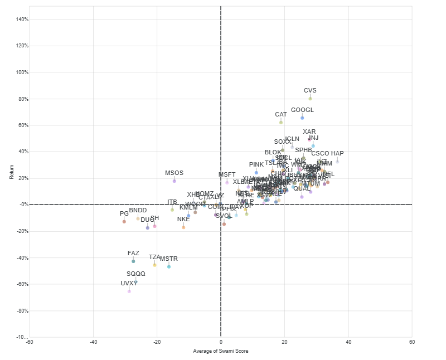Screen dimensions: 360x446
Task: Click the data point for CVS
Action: tap(310, 99)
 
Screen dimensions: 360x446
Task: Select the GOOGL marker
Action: tap(302, 118)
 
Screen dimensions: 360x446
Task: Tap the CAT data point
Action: tap(281, 123)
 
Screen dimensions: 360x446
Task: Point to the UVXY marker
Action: tap(129, 291)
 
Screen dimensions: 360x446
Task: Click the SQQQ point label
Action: tap(135, 274)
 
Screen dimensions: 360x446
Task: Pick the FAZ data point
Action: tap(133, 261)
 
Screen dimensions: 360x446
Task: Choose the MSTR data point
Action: tap(169, 267)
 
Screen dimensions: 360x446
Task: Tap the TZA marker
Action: tap(154, 265)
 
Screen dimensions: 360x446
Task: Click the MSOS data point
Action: tap(174, 181)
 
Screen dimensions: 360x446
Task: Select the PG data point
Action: tap(124, 222)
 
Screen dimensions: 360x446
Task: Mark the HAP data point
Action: tap(337, 162)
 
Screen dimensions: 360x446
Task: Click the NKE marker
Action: tap(183, 227)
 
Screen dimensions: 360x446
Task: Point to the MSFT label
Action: tap(227, 175)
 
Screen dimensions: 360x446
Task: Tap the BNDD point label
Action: tap(138, 211)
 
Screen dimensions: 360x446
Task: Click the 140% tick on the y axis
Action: tap(21, 20)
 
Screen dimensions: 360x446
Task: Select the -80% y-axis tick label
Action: tap(21, 311)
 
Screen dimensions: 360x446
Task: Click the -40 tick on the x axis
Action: tap(93, 342)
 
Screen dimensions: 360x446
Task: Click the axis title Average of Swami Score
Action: tap(220, 351)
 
